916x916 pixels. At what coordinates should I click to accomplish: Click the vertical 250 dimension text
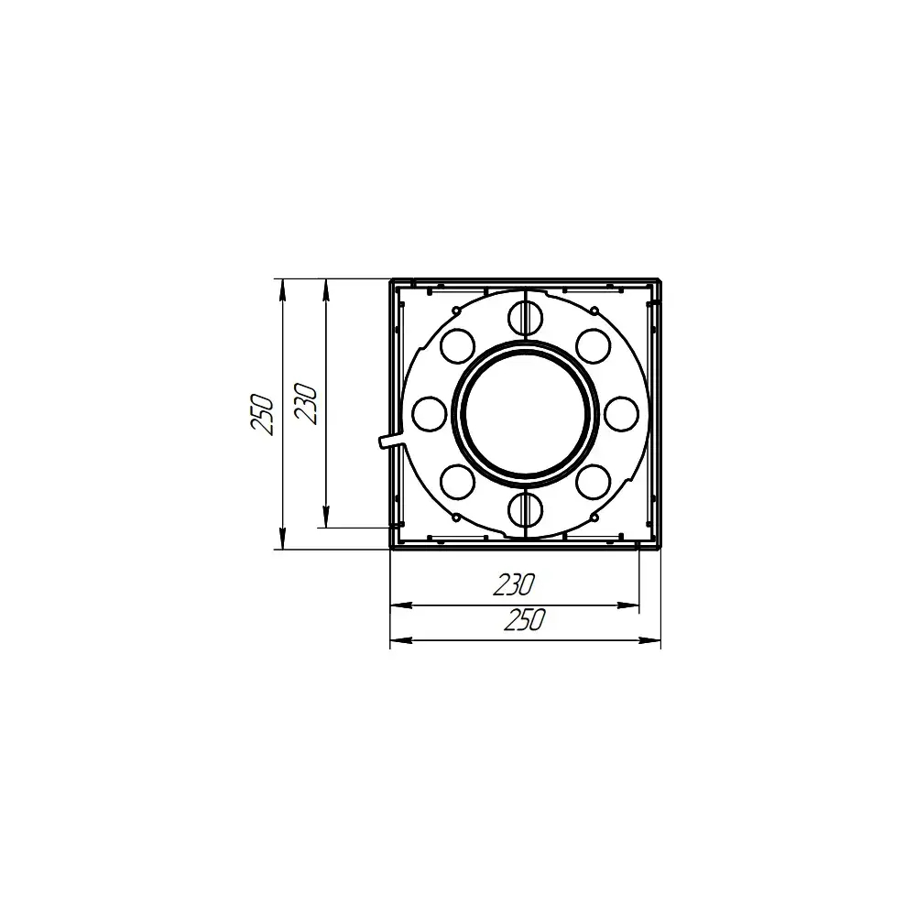point(262,415)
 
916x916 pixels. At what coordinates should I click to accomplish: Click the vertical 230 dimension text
point(306,404)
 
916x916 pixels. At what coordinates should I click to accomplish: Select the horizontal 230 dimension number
point(514,584)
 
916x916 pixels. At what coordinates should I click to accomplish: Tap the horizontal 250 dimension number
point(525,620)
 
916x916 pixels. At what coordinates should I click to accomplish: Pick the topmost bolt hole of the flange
point(525,319)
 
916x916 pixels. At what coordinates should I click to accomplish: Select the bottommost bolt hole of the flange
point(525,510)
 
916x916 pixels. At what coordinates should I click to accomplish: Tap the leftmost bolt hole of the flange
point(430,414)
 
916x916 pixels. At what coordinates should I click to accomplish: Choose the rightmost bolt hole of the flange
point(622,414)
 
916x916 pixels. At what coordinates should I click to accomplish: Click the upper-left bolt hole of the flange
point(457,346)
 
